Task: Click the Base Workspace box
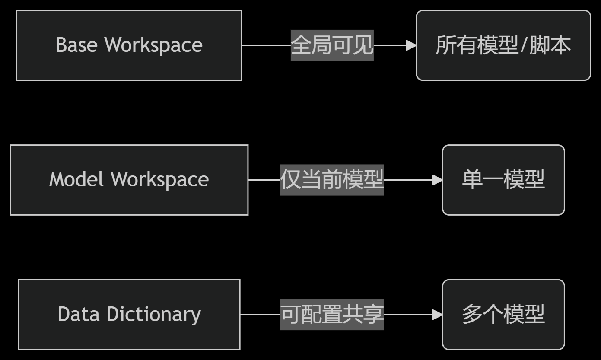point(129,45)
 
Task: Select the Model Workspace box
point(129,180)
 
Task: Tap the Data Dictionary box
point(129,315)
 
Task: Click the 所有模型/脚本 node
point(503,45)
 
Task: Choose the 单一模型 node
point(503,180)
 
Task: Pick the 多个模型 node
point(503,315)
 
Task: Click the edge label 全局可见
point(332,45)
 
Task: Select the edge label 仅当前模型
point(332,180)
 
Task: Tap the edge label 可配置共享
point(332,315)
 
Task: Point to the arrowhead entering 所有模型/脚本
point(411,45)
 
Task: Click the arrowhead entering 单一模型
point(437,180)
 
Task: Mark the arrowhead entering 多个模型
point(437,315)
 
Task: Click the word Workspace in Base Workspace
point(154,45)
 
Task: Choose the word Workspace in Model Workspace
point(160,180)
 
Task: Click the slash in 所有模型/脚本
point(523,45)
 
